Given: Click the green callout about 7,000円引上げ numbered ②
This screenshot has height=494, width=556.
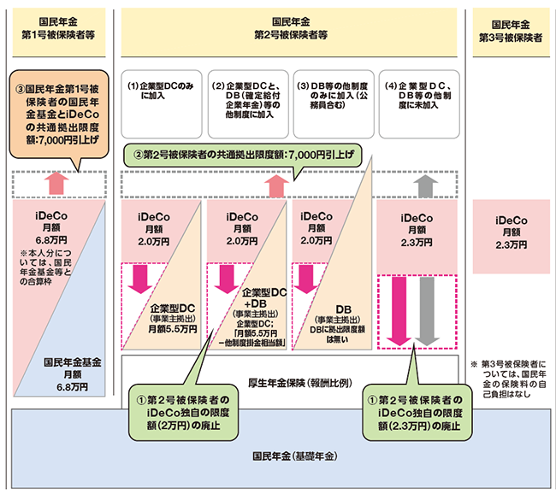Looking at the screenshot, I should (x=243, y=156).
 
